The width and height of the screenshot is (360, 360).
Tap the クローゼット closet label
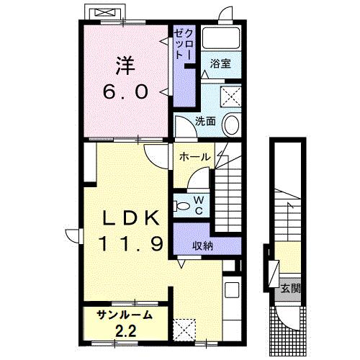(x=181, y=45)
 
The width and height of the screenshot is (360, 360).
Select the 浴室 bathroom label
(x=220, y=64)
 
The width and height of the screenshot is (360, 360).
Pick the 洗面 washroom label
(x=205, y=121)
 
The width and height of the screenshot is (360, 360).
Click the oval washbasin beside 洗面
(x=232, y=124)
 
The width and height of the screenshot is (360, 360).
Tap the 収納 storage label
(x=203, y=246)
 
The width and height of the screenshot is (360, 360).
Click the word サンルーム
(x=125, y=314)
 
